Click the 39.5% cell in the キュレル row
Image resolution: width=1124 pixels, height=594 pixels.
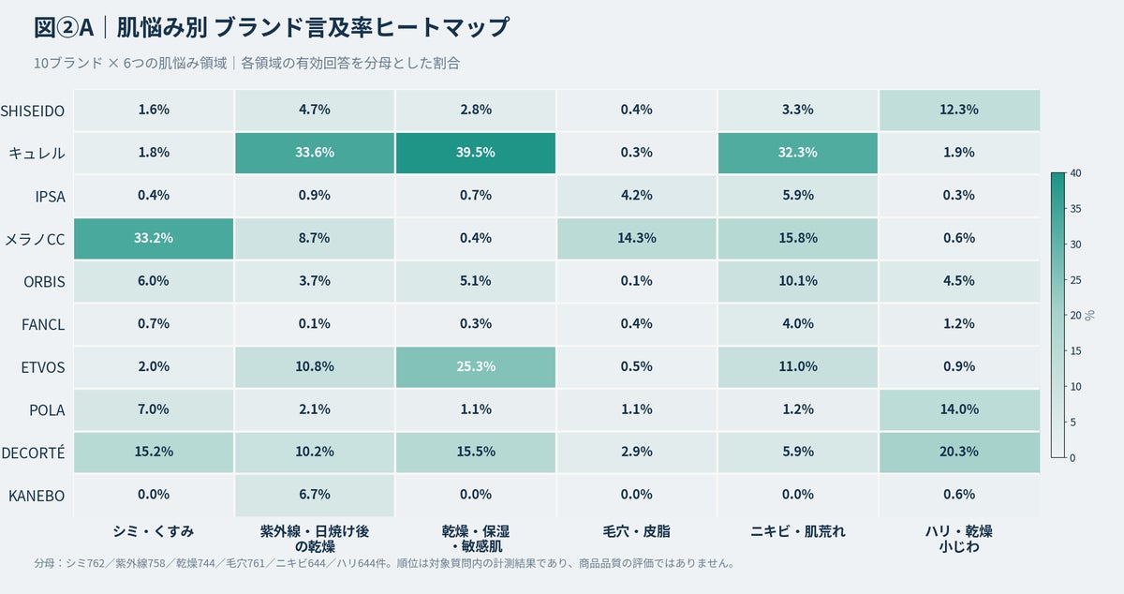click(476, 153)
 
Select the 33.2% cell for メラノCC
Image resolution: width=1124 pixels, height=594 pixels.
click(154, 239)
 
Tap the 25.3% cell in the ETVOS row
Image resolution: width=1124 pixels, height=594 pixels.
click(476, 367)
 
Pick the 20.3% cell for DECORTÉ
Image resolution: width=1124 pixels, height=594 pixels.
click(959, 453)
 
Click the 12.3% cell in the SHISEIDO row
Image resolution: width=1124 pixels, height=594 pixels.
click(959, 110)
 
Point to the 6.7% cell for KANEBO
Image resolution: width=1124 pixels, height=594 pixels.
click(315, 496)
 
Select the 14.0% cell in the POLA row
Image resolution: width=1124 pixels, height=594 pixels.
click(959, 409)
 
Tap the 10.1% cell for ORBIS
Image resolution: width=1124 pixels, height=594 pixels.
click(798, 281)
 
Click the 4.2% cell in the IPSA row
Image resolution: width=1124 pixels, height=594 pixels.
click(637, 196)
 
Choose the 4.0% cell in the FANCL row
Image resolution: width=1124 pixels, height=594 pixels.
click(798, 324)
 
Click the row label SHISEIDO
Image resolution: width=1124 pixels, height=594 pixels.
click(33, 111)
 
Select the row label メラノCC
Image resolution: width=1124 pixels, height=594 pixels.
click(36, 239)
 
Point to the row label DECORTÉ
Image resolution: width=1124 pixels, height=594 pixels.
click(33, 452)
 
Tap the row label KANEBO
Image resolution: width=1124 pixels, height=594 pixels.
click(37, 496)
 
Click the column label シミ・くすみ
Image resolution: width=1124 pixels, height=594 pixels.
click(154, 531)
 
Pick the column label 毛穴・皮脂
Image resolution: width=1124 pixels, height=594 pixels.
click(637, 531)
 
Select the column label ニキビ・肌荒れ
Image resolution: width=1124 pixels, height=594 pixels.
click(798, 531)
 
